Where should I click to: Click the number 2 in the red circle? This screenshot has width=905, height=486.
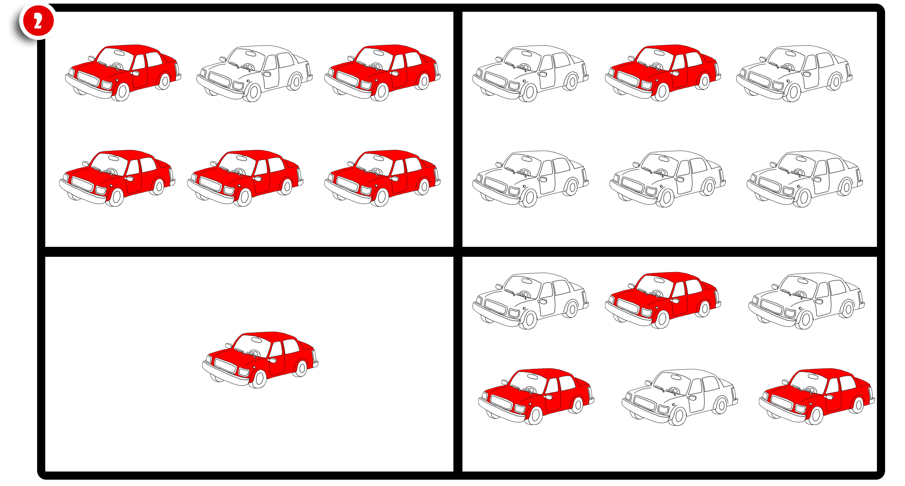38,21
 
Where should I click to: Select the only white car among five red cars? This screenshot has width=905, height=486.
254,73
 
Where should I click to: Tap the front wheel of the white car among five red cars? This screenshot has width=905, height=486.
252,93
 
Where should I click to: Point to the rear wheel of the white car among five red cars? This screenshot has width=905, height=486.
295,82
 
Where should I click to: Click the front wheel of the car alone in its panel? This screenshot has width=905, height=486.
258,379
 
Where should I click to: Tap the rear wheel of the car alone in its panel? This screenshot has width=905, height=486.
301,368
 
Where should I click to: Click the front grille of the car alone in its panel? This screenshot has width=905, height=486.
225,365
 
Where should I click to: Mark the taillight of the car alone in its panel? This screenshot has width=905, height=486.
314,357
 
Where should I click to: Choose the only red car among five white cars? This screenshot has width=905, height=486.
663,73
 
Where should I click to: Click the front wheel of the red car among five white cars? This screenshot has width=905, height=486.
661,92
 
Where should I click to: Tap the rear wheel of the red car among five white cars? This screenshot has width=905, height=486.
704,81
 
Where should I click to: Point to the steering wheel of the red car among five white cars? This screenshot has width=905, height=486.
657,66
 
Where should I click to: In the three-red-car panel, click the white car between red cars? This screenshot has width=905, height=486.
680,397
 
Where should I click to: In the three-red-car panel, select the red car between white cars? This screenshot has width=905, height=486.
663,300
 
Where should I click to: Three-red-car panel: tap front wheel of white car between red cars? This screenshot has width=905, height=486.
678,416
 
